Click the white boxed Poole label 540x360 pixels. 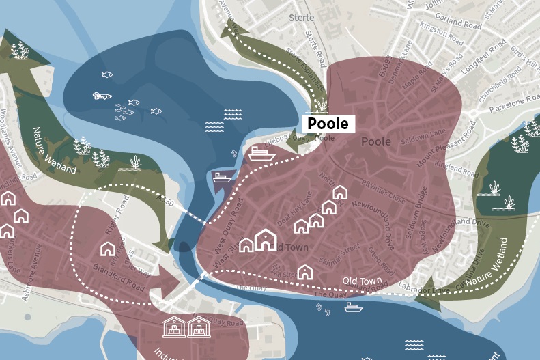(x=328, y=124)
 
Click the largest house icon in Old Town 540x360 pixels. (x=265, y=240)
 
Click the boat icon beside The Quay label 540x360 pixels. (x=354, y=307)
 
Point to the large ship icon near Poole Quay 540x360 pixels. (x=261, y=153)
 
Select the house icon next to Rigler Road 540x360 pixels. (x=109, y=249)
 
